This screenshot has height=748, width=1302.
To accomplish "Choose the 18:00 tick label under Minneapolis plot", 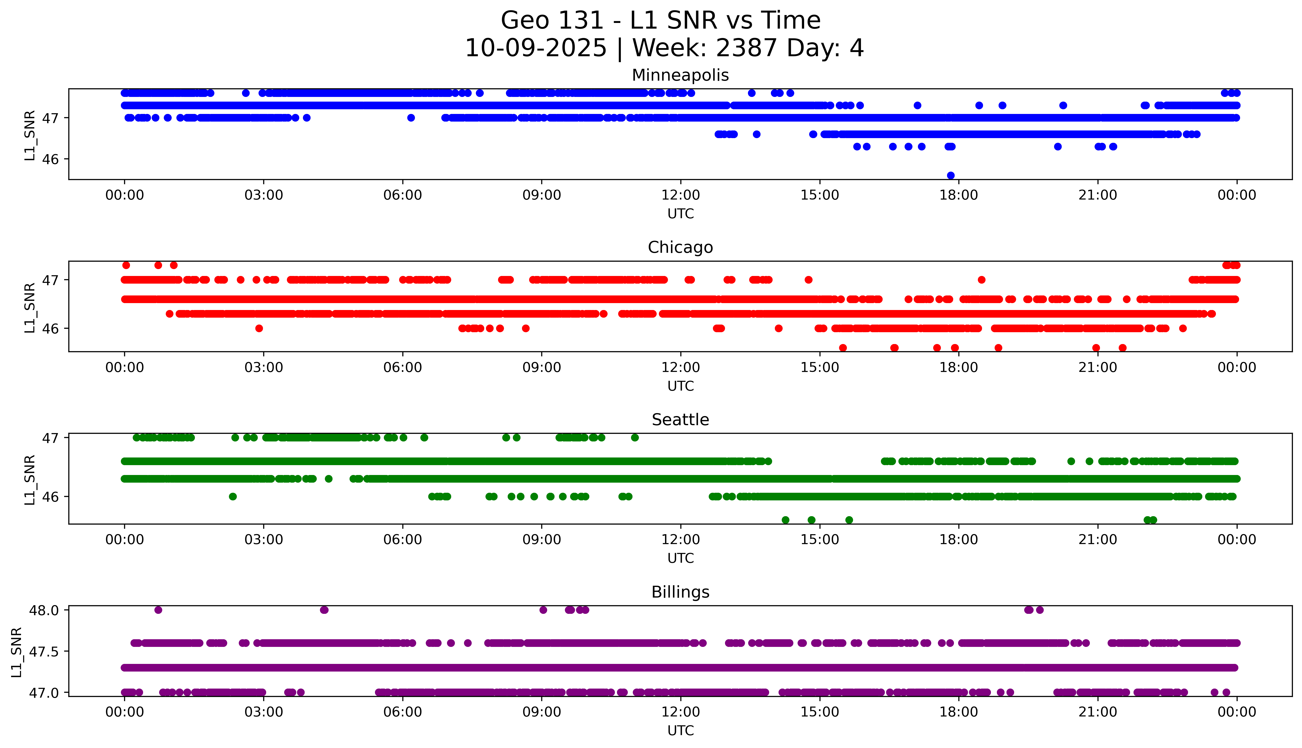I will [959, 195].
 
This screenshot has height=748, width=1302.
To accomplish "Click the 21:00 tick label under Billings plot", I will [1097, 712].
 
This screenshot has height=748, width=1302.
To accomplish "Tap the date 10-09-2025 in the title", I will [536, 48].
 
